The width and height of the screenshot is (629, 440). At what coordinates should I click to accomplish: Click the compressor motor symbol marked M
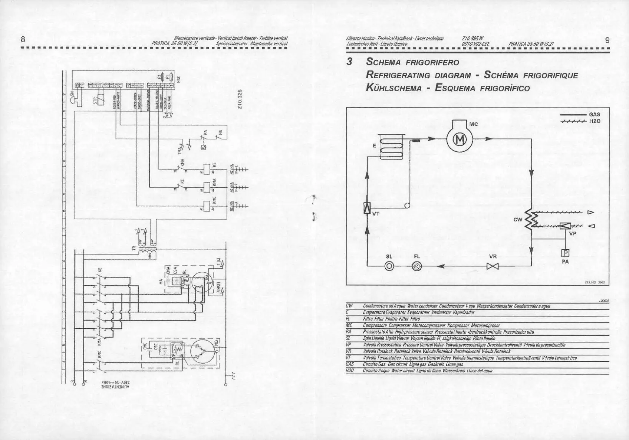click(x=461, y=139)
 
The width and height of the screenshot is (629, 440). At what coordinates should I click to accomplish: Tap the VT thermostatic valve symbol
click(x=367, y=208)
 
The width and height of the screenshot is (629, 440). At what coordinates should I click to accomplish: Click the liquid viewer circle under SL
click(x=389, y=266)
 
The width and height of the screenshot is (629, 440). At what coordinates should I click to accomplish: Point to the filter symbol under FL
click(x=417, y=266)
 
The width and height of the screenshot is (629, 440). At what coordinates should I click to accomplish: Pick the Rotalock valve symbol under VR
click(x=493, y=266)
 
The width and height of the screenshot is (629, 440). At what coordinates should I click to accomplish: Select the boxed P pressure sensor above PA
click(x=566, y=253)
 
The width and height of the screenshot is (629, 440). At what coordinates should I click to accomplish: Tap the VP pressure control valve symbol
click(x=565, y=225)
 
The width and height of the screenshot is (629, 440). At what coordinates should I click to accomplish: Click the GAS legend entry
click(x=594, y=115)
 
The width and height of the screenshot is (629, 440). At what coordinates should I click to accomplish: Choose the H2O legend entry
click(x=594, y=121)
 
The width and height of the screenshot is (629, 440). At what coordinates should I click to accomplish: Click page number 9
click(x=607, y=40)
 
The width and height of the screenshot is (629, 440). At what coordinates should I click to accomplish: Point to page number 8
click(x=23, y=39)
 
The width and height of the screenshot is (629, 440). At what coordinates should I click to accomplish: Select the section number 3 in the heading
click(x=349, y=62)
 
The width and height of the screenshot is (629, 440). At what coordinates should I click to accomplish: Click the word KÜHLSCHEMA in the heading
click(x=393, y=88)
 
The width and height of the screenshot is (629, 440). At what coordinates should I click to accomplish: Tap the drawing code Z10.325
click(x=240, y=99)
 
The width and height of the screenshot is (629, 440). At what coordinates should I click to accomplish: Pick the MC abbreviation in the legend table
click(x=348, y=325)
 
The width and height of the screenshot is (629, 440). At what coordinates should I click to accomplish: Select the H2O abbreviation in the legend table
click(x=349, y=371)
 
